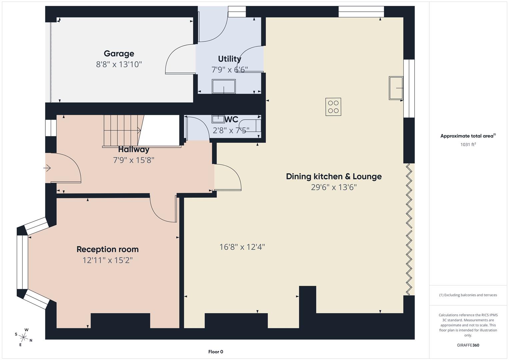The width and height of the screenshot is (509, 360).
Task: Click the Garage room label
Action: tap(119, 53)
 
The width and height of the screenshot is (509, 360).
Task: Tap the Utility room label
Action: tap(229, 59)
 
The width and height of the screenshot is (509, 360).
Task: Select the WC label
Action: tap(231, 119)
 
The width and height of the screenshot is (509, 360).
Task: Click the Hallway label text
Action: tap(134, 149)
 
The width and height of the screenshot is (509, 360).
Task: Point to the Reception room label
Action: tap(107, 249)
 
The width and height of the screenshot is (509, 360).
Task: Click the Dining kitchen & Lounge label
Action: tap(334, 176)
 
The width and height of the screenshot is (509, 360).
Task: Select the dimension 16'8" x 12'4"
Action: tap(242, 247)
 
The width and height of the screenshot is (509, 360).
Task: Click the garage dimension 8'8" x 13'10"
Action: tap(119, 64)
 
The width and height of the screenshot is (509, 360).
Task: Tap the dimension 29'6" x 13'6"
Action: tap(334, 187)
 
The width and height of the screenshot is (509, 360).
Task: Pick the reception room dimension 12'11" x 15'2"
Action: tap(107, 260)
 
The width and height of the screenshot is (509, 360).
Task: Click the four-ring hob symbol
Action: tap(333, 107)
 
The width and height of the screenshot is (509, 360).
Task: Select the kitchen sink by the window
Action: tap(396, 88)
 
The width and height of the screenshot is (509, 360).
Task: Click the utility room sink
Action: tap(224, 86)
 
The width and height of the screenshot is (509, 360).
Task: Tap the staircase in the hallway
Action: tap(121, 130)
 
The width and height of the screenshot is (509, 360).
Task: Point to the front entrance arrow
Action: tap(47, 168)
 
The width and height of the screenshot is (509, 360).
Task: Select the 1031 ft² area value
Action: tap(468, 144)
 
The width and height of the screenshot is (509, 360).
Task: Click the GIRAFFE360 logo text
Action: tap(468, 345)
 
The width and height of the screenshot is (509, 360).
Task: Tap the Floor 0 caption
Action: tap(215, 352)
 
